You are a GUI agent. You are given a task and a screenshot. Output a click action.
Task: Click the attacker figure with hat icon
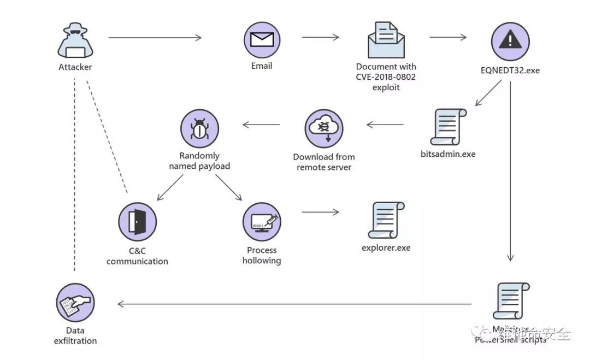[75, 42]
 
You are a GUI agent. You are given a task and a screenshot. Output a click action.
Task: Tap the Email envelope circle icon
[262, 40]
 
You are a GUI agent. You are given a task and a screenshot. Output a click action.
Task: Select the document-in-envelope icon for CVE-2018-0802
[386, 40]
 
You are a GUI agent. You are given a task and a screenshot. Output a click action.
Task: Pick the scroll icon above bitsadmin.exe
[448, 127]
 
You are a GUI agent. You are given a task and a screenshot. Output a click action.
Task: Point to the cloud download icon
[323, 128]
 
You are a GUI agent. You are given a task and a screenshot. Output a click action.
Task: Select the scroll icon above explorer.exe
[386, 220]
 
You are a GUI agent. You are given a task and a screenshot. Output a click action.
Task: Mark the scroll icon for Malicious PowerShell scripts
[510, 301]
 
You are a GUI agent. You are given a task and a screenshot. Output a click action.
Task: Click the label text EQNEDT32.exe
[510, 70]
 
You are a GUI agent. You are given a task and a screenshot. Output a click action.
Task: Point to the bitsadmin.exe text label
[448, 154]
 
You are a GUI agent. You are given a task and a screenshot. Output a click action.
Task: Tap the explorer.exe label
[386, 248]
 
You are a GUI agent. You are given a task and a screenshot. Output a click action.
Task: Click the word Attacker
[75, 67]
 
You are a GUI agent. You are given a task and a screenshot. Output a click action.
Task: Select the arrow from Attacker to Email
[155, 38]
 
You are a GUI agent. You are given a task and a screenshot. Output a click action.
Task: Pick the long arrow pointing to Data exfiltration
[295, 304]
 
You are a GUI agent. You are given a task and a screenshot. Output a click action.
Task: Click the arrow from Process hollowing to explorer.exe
[321, 213]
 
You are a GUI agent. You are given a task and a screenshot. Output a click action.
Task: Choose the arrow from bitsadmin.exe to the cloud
[385, 125]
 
